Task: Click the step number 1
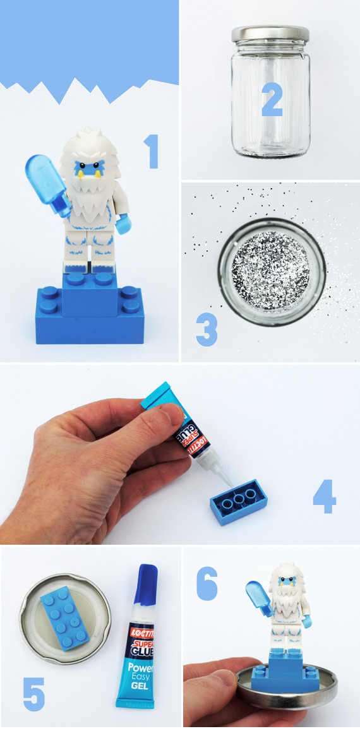click(x=152, y=151)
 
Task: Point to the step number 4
click(x=325, y=496)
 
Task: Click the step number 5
click(x=34, y=693)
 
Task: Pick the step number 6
click(x=207, y=583)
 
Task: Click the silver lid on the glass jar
click(x=270, y=33)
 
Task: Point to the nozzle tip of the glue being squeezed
click(x=231, y=484)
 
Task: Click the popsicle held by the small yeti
click(x=258, y=597)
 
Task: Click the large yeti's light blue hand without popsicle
click(x=123, y=224)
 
